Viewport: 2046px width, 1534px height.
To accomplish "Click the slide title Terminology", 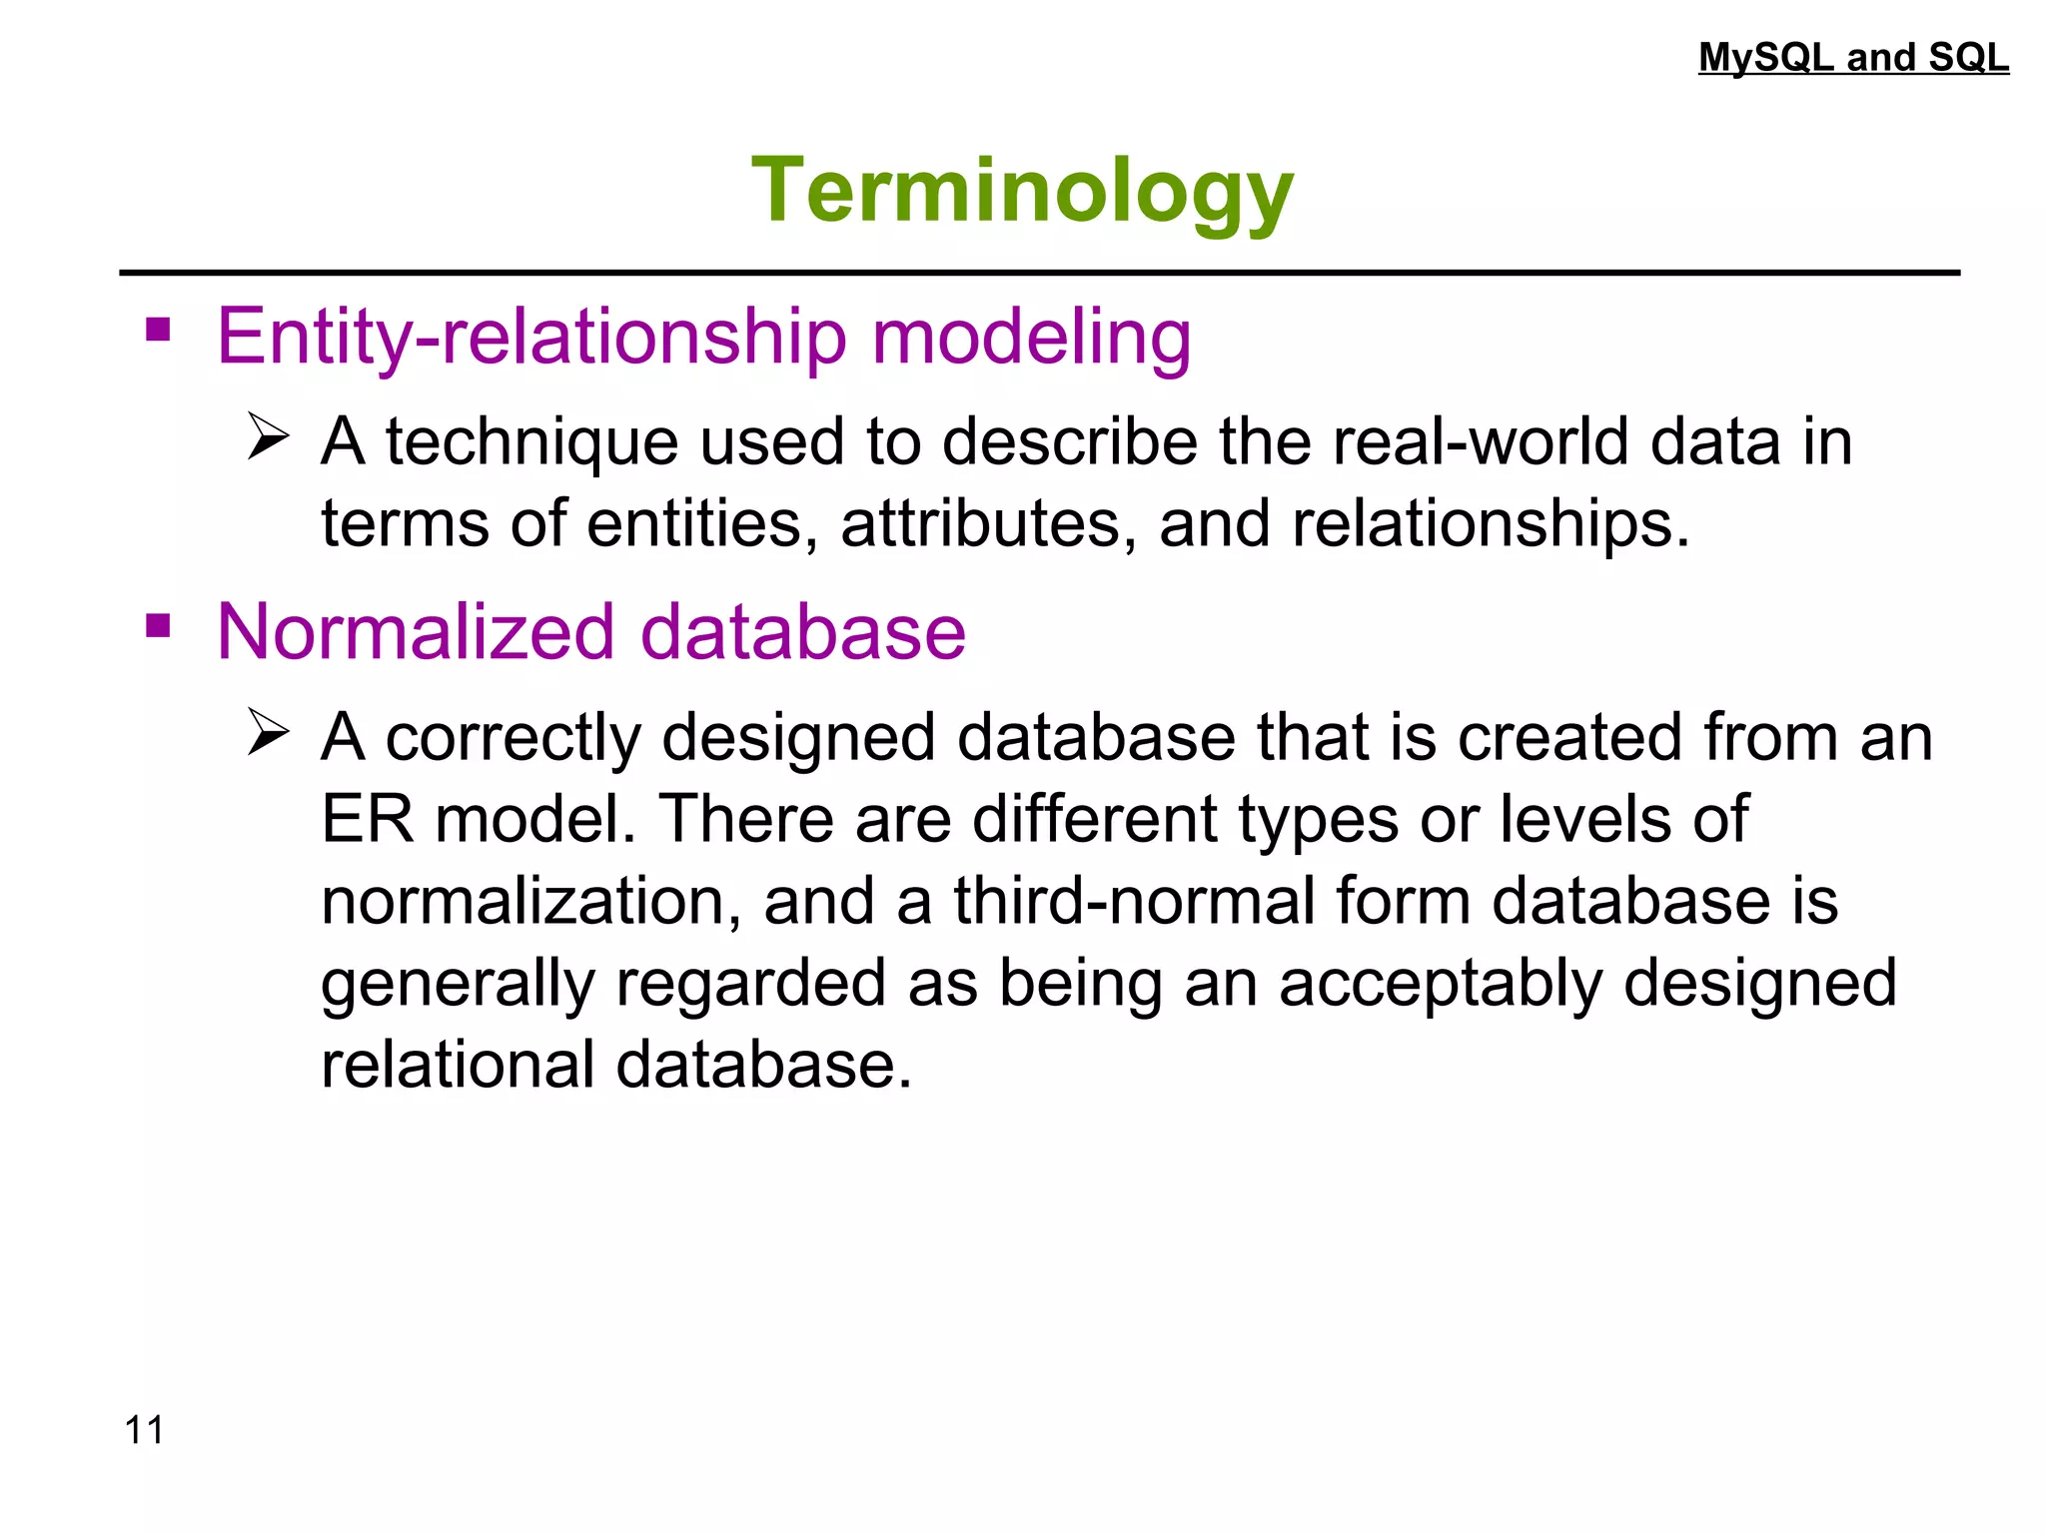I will point(1022,191).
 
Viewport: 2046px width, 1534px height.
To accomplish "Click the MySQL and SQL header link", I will point(1853,57).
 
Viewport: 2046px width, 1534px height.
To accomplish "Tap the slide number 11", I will point(144,1430).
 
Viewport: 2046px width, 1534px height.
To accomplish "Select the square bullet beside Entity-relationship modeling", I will point(158,330).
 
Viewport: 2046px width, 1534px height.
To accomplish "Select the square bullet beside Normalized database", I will point(158,626).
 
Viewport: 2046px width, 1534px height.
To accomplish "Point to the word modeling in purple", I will point(1032,337).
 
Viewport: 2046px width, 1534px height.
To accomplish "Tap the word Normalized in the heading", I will point(415,632).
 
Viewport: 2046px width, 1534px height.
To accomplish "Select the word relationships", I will point(1489,523).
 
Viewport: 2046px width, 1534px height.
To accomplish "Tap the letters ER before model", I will point(367,819).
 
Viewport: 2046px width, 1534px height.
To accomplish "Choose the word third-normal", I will point(1134,901).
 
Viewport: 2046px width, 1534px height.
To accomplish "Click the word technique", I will point(531,441).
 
